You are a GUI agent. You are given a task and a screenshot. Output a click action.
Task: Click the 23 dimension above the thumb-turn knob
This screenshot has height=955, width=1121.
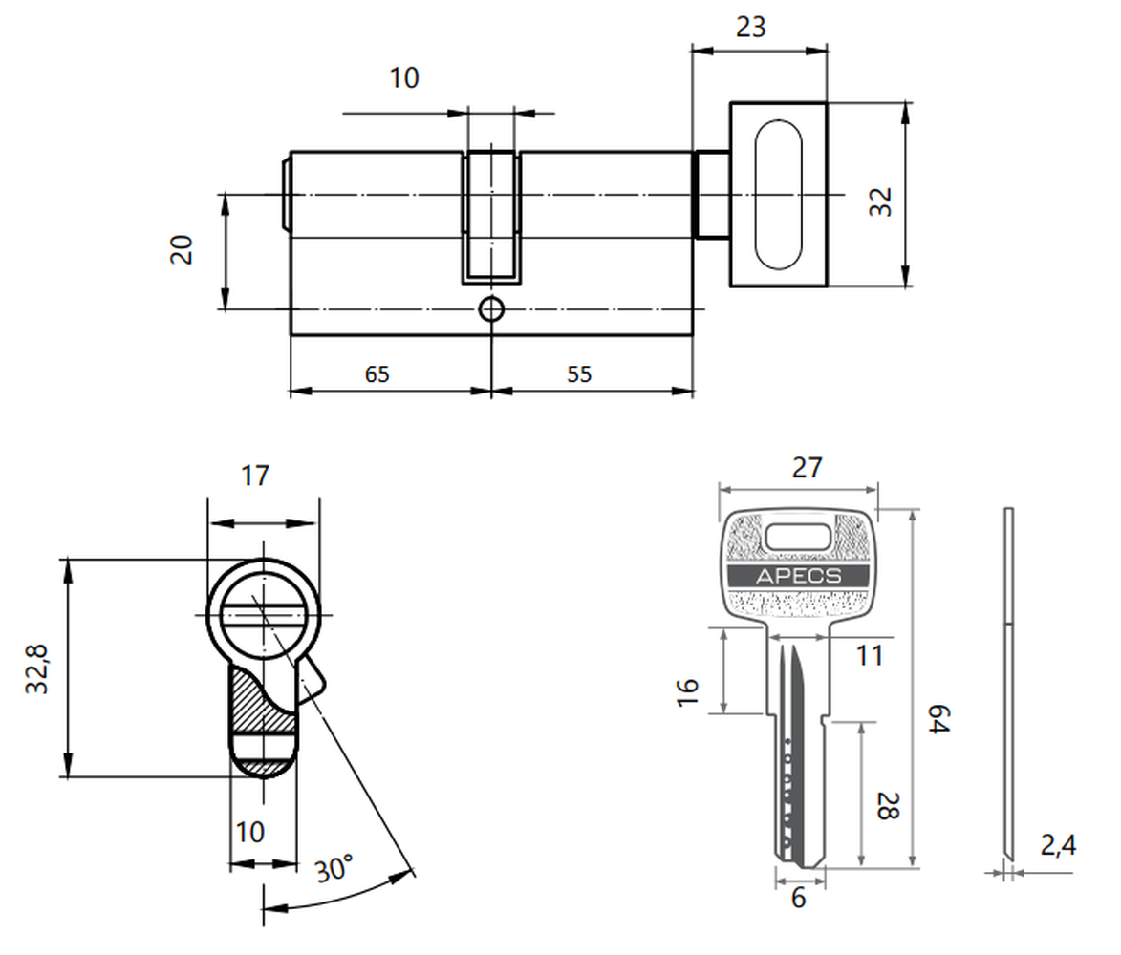click(750, 27)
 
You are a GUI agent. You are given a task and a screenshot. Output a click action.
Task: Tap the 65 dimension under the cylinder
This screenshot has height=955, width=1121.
click(377, 374)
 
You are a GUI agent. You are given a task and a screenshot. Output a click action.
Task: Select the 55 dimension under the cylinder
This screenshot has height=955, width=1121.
click(579, 374)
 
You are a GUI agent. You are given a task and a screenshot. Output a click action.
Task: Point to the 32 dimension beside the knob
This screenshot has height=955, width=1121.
click(881, 202)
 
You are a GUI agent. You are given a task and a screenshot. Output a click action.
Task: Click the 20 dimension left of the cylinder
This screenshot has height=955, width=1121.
click(182, 250)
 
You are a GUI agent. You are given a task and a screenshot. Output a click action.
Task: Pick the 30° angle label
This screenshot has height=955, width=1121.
click(334, 868)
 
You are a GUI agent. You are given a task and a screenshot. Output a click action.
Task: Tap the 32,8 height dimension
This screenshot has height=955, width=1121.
click(36, 668)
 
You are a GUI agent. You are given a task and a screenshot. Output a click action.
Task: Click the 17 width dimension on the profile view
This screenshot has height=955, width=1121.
click(255, 476)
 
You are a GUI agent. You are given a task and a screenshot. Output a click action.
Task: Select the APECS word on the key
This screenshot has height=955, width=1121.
click(799, 576)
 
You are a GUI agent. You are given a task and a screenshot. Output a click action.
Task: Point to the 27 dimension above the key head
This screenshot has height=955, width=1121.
click(808, 468)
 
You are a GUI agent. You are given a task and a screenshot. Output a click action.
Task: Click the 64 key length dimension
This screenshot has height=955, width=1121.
click(939, 718)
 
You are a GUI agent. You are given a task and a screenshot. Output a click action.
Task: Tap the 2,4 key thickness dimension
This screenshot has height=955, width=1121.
click(1058, 846)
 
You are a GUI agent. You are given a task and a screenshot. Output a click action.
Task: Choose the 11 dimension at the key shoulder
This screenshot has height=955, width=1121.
click(870, 656)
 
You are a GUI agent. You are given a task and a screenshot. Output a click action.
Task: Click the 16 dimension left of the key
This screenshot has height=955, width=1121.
click(688, 693)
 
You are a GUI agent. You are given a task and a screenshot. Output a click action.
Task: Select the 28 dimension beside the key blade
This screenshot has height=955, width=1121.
click(888, 805)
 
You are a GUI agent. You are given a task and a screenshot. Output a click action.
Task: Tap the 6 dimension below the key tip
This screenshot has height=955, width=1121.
click(799, 898)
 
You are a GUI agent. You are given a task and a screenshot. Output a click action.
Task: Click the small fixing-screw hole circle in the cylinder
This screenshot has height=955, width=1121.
click(491, 310)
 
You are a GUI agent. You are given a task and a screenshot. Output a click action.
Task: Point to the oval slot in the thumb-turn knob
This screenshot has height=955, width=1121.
click(778, 195)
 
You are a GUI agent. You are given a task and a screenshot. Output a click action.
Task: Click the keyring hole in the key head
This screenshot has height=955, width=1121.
click(799, 537)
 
